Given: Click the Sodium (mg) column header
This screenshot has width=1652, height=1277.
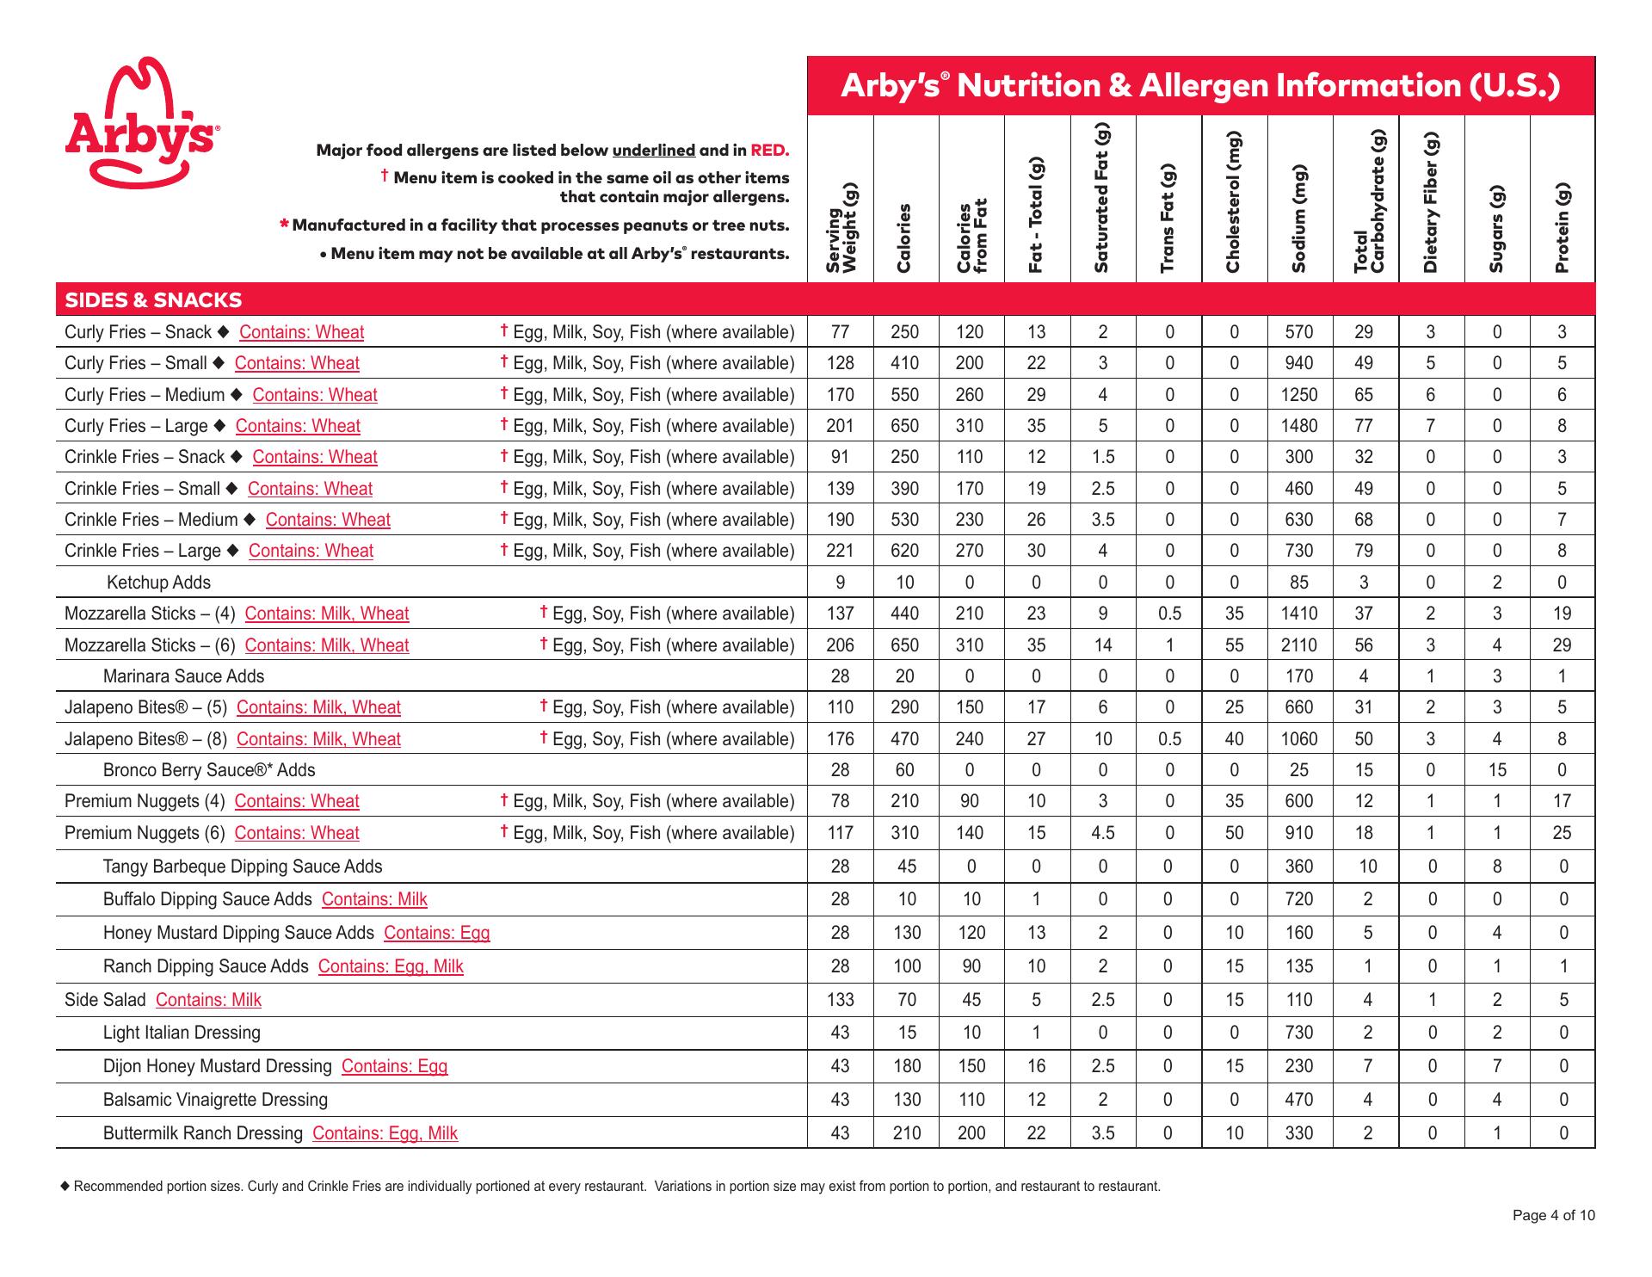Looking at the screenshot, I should (1299, 219).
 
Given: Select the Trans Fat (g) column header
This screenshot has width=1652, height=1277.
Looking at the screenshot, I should (1168, 219).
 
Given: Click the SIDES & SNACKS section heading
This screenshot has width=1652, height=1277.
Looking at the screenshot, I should (153, 300).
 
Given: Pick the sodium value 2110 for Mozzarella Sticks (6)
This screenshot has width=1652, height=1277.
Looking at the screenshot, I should (1299, 645).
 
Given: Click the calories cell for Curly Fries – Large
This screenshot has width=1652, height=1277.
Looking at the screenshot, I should (905, 426).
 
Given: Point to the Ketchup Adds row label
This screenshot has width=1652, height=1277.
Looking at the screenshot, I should (158, 583).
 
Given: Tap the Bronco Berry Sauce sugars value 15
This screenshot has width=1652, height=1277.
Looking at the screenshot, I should (1497, 770).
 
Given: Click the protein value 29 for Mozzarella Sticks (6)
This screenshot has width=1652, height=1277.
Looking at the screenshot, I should (1563, 645).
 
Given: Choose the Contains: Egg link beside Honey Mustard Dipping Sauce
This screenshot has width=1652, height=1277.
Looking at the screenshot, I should (436, 933).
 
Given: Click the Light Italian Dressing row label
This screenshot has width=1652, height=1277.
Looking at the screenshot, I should (182, 1033).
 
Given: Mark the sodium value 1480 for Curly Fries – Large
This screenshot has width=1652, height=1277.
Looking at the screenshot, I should (1299, 426).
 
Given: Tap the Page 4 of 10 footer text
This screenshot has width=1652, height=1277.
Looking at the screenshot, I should (1554, 1216).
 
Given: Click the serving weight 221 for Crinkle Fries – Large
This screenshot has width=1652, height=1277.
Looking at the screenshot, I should (840, 551).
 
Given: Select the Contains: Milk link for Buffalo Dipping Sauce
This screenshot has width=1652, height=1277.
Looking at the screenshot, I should (374, 899).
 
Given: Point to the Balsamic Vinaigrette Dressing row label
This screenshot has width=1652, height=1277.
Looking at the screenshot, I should (215, 1100).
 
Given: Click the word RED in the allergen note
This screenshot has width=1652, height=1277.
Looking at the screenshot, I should (770, 151).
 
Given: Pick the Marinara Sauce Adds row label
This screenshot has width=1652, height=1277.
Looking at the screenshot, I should (183, 676).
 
